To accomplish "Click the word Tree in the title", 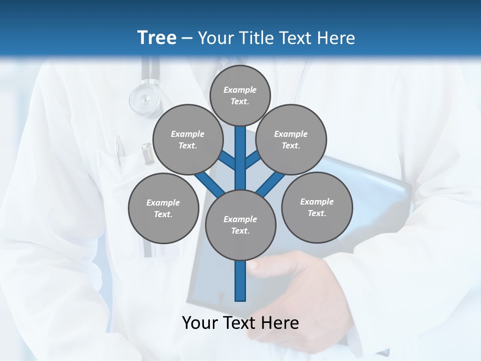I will pos(157,38).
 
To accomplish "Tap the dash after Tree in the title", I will pos(187,39).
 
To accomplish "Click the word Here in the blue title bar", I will pos(336,38).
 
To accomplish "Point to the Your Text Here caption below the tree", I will pos(240,323).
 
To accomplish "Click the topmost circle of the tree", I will pos(240,95).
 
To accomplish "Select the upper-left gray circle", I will pos(188,139).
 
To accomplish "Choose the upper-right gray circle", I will pos(291,139).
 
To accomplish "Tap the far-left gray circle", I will pos(163,208).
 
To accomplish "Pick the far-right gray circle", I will pos(317,207).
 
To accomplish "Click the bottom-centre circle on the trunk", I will pos(241,225).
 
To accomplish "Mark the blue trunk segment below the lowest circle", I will pos(241,281).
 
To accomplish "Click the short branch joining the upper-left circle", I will pos(227,161).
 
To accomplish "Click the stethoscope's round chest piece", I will pos(145,98).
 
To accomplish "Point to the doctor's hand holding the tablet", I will pos(296,281).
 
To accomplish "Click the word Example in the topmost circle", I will pos(240,90).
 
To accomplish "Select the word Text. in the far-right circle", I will pos(317,213).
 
